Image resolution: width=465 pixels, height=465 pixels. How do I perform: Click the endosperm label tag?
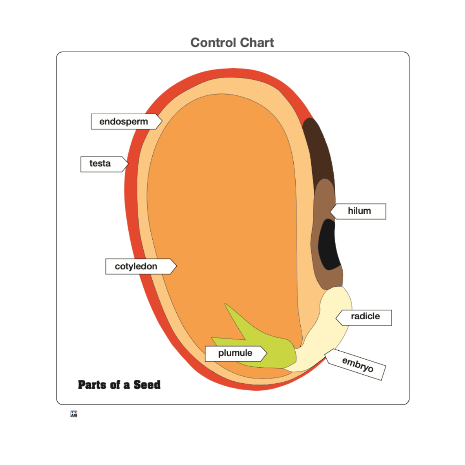coord(124,122)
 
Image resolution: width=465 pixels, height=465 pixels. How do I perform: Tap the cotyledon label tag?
coord(138,267)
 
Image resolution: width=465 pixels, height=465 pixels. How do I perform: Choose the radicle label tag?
coord(365,317)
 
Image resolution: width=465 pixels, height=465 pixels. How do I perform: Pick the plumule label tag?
coord(235,353)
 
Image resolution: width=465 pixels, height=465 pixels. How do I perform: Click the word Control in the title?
coord(213,43)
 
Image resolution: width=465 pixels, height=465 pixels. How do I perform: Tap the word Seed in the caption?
coord(147,385)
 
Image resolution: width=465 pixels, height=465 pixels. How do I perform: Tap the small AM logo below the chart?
coord(74,414)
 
